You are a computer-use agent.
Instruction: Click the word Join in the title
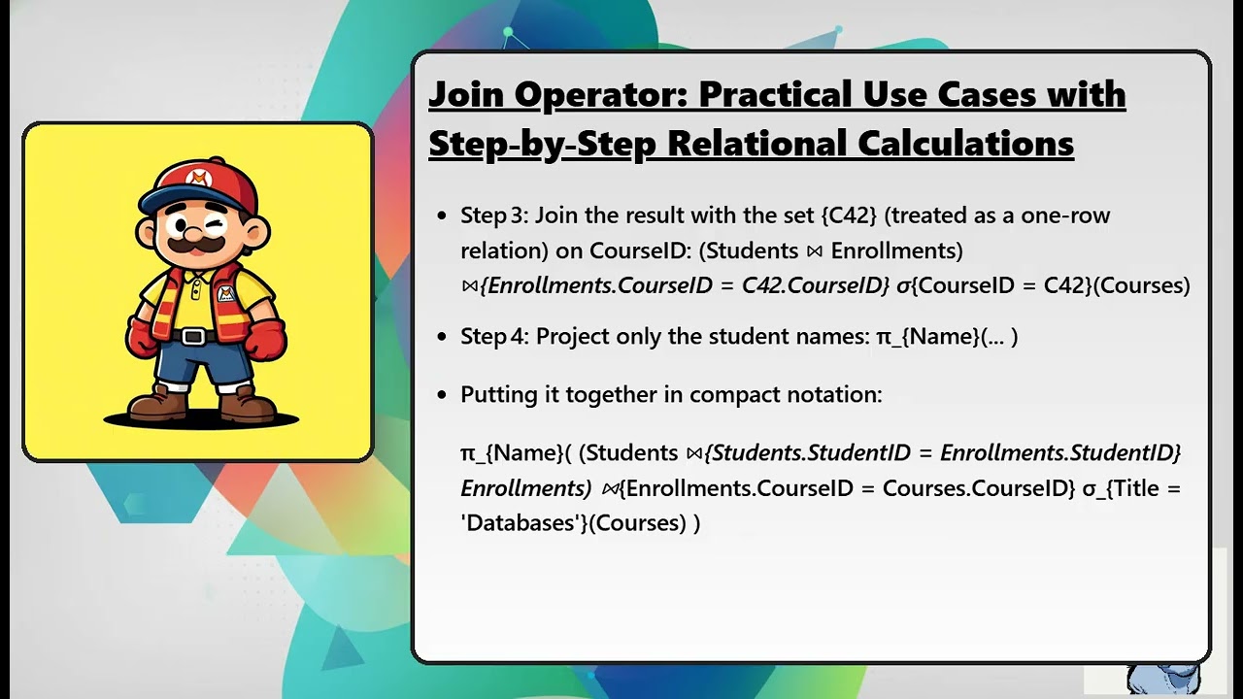pos(466,95)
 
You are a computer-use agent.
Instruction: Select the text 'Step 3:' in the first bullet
pos(494,216)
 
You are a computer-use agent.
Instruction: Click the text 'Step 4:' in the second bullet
pos(494,336)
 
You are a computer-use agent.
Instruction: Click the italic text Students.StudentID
pos(812,452)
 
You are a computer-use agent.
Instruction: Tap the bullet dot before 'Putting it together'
pos(442,395)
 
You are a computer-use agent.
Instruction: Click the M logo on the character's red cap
pos(198,178)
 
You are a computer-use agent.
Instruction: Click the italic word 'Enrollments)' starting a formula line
pos(525,487)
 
